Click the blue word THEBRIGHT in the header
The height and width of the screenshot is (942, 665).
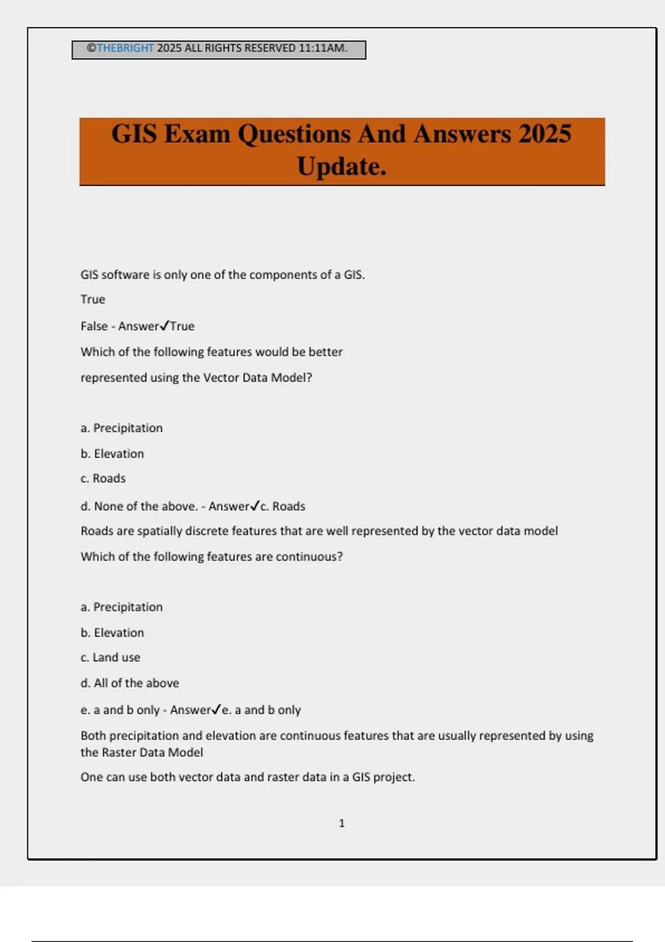pos(125,48)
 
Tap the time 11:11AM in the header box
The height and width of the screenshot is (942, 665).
pos(323,48)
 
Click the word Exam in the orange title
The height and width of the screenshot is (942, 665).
pos(197,134)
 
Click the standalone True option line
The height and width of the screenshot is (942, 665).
pos(93,299)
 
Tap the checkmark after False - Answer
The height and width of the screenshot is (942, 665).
pos(164,326)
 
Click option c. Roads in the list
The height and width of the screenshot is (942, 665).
pos(103,478)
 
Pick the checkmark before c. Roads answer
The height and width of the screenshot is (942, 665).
pos(255,506)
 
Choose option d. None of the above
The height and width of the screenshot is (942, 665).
pos(139,506)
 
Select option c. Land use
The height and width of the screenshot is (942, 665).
pos(110,657)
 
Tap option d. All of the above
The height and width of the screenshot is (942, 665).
pos(130,683)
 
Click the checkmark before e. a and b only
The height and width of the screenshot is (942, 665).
pos(217,709)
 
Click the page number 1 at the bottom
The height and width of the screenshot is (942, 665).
pos(341,823)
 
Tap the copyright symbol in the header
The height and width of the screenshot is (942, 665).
pos(91,48)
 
